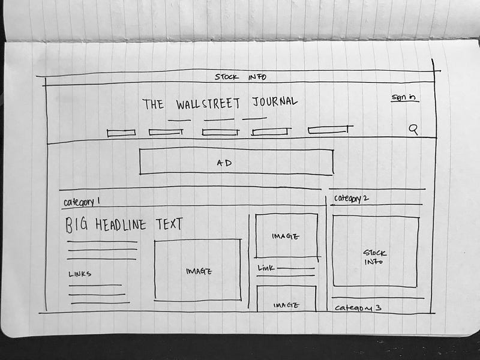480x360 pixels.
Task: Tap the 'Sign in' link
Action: click(404, 97)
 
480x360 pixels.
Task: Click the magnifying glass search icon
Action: click(413, 129)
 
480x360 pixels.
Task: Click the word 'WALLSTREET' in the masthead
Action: click(208, 104)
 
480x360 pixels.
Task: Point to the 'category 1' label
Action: click(82, 201)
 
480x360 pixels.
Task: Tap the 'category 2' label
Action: click(352, 199)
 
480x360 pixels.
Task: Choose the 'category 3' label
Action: click(358, 308)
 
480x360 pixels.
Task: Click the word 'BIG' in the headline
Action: click(77, 225)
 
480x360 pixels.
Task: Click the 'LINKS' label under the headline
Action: click(80, 274)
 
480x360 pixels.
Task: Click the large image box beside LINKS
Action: click(197, 270)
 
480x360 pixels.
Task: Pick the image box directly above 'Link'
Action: click(286, 235)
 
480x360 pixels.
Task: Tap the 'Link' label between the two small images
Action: click(266, 268)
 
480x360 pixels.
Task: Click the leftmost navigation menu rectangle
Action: click(121, 133)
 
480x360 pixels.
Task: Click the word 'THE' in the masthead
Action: click(153, 104)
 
